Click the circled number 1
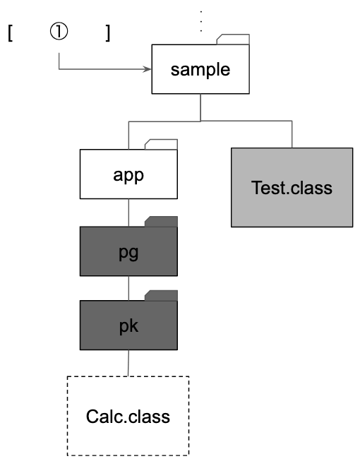pos(59,32)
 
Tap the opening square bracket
pos(10,33)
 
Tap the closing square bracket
pos(108,33)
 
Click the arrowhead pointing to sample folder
pos(147,69)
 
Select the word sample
pos(200,70)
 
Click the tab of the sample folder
pos(233,40)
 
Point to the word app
pos(128,175)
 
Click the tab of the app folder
pos(161,144)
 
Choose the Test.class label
pos(292,188)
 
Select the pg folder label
pos(128,253)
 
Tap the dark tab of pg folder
pos(161,222)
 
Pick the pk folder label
pos(128,325)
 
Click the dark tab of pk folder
pos(161,295)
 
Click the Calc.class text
pos(128,417)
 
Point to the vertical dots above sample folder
pos(201,21)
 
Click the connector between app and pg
pos(128,213)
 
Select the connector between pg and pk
pos(128,288)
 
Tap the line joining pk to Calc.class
pos(128,363)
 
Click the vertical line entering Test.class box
pos(292,134)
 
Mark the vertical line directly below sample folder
pos(200,107)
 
